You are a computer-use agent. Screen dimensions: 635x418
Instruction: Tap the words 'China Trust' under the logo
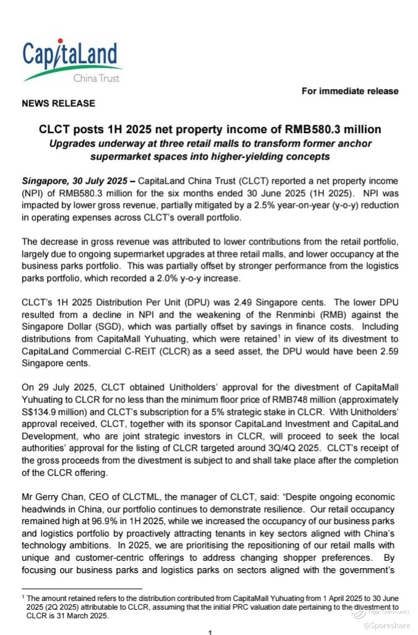(96, 79)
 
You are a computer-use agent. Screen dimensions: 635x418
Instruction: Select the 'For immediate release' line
(350, 91)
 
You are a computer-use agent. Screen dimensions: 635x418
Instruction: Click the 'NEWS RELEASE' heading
(59, 103)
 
